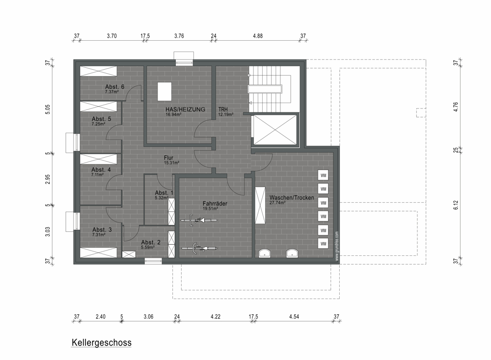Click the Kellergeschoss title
[102, 342]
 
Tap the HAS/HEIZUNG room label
[186, 110]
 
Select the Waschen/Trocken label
[292, 198]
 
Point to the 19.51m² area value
[210, 208]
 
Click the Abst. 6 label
[114, 87]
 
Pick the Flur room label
[168, 158]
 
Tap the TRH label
[223, 110]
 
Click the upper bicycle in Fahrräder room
[198, 220]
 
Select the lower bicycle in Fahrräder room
[199, 248]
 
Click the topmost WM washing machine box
[323, 175]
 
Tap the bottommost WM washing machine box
[323, 244]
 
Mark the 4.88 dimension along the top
[258, 36]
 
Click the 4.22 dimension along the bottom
[216, 316]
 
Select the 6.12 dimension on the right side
[456, 205]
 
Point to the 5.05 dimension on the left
[48, 109]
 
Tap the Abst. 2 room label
[151, 242]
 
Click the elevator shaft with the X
[274, 130]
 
